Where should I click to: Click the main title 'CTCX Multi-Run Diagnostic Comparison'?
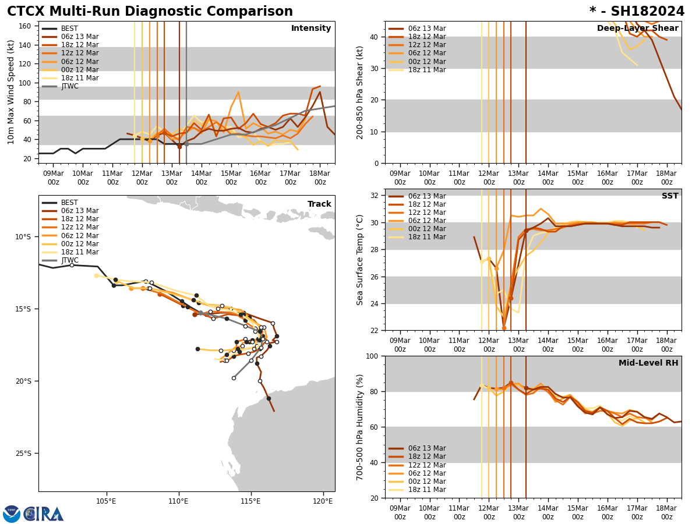point(150,12)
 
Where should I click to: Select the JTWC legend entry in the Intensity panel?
point(69,86)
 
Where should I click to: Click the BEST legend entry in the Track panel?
point(69,203)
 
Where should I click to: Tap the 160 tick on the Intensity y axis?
point(26,26)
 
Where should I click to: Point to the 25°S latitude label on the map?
point(23,454)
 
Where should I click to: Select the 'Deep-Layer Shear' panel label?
point(637,29)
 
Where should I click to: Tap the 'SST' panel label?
point(669,196)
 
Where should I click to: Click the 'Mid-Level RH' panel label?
point(648,363)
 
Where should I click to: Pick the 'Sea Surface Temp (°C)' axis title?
point(361,260)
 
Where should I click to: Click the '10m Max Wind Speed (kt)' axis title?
point(11,92)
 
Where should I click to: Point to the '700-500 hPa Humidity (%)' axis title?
point(361,427)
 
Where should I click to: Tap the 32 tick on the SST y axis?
point(375,196)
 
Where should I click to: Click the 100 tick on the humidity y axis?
point(372,356)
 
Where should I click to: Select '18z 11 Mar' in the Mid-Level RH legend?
point(427,490)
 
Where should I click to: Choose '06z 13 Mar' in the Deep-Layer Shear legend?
point(427,29)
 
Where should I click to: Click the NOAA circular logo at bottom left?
point(12,514)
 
